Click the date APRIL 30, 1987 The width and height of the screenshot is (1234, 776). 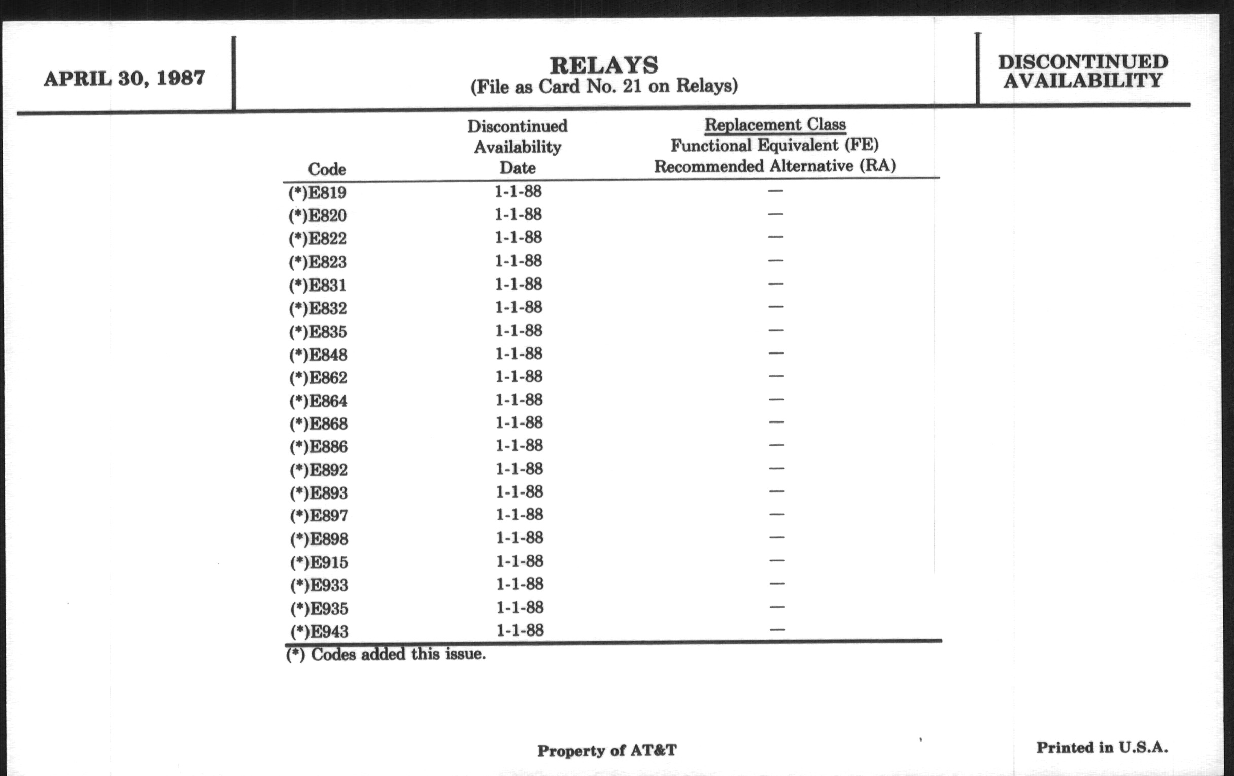(124, 79)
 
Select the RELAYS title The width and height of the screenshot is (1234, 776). (604, 65)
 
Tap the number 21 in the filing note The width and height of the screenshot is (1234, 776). (632, 86)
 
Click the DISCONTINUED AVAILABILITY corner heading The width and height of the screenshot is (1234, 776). (1082, 71)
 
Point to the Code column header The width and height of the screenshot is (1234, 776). (326, 169)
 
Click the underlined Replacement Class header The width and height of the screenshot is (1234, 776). (775, 124)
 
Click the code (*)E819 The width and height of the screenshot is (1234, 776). (318, 193)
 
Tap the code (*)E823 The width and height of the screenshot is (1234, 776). (318, 262)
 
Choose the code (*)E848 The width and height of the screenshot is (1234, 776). (318, 355)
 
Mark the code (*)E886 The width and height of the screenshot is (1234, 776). (319, 447)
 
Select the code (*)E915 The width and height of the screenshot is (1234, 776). (319, 562)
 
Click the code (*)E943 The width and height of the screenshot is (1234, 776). (319, 631)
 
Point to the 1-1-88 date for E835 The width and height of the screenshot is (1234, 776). (519, 330)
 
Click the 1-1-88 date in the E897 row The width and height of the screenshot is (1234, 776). (520, 514)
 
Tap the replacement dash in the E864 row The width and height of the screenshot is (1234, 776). (776, 399)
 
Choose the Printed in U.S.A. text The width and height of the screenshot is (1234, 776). (1102, 747)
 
